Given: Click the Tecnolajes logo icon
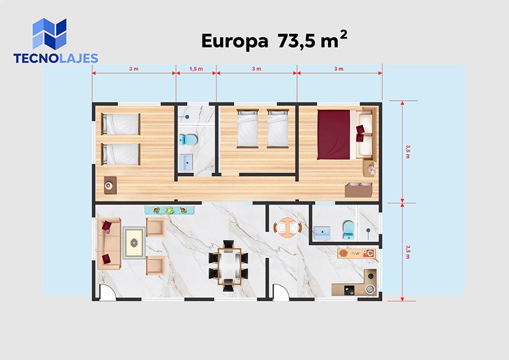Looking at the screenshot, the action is pos(49,34).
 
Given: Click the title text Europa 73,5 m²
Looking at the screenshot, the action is pos(274,40).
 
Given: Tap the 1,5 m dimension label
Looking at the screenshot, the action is pos(196,69).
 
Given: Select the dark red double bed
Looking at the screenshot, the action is pos(333,135).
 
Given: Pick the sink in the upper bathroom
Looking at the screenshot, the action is pos(186,163).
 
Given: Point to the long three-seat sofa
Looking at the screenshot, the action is pos(109,243).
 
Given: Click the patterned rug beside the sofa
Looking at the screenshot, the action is pos(133,243).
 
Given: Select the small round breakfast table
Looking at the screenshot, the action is pos(287,228).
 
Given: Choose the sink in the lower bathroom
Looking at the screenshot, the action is pos(322,233).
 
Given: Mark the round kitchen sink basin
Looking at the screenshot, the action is pos(369,289).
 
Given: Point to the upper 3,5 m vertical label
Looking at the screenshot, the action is pos(408,152).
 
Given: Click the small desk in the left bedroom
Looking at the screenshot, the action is pos(110,185).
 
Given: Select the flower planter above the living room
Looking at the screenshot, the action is pos(170,210).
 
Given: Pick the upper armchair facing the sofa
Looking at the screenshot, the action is pos(156,227).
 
